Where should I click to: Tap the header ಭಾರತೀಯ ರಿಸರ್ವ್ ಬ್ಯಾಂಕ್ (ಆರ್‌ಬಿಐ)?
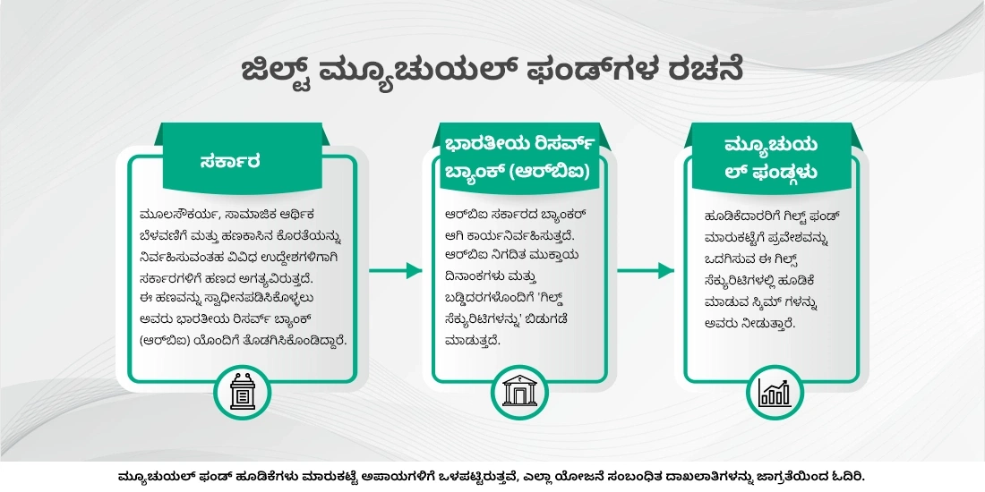tap(518, 158)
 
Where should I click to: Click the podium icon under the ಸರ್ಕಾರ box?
tap(243, 392)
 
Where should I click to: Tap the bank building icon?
tap(519, 392)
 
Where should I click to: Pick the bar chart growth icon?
tap(775, 393)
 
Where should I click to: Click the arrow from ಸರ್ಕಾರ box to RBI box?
tap(395, 270)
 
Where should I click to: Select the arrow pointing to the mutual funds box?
tap(645, 270)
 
